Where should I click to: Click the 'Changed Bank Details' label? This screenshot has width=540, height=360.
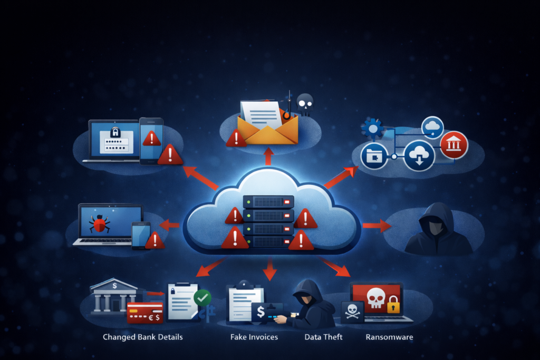coord(142,337)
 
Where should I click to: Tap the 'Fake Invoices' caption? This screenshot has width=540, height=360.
coord(254,337)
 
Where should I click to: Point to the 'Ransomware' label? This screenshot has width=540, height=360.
coord(389,337)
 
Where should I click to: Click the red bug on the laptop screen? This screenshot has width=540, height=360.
coord(99,223)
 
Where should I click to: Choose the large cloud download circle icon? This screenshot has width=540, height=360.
coord(419,155)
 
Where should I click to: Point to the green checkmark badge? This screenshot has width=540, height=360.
coord(202,298)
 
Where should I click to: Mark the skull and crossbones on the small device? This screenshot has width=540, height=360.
coord(352,312)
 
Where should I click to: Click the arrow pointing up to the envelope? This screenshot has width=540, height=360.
coord(268,156)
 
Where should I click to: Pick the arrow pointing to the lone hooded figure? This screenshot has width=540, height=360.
coord(377,226)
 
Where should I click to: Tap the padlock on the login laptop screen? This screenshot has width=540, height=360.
coord(115,132)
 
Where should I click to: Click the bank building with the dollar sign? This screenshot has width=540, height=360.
coord(113,297)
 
